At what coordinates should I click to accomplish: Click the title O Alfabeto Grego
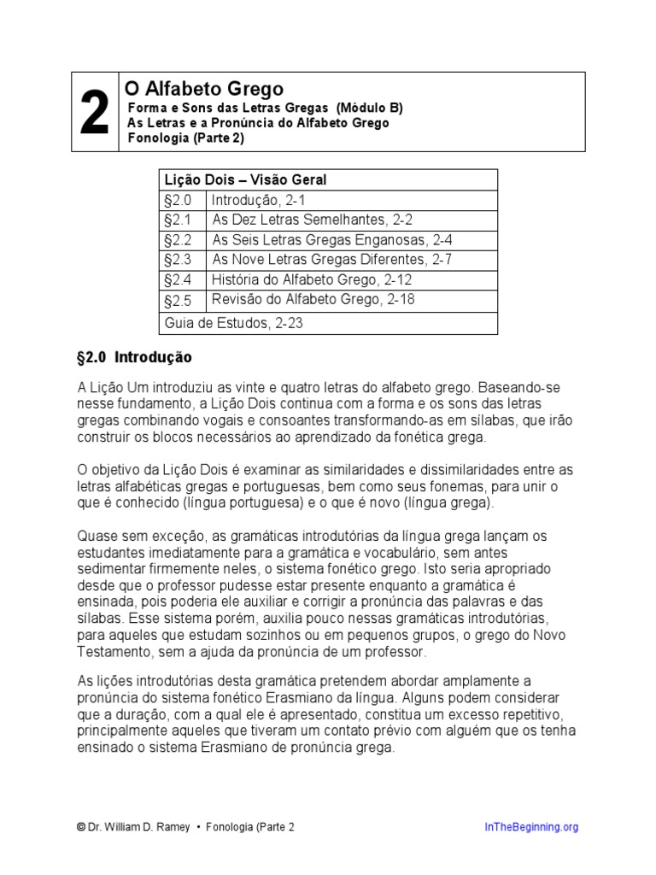tap(204, 89)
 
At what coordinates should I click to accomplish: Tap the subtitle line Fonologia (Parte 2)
tap(185, 138)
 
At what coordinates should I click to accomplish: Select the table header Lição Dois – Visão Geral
tap(243, 180)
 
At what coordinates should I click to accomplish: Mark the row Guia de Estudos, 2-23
tap(231, 323)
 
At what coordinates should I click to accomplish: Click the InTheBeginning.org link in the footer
tap(531, 826)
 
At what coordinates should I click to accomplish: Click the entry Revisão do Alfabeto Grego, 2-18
tap(313, 300)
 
